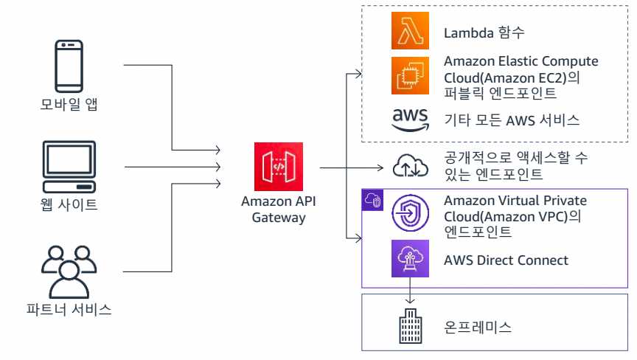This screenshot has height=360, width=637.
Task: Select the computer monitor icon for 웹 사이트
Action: pyautogui.click(x=69, y=166)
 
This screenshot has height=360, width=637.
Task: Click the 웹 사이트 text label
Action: pyautogui.click(x=69, y=204)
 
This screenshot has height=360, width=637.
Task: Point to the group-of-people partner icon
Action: pyautogui.click(x=69, y=269)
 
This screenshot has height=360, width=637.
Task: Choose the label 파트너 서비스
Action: pyautogui.click(x=69, y=310)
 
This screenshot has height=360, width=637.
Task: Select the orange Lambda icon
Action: pyautogui.click(x=410, y=32)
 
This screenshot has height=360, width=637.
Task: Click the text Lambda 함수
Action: pyautogui.click(x=484, y=32)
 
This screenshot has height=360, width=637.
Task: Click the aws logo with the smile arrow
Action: pyautogui.click(x=410, y=120)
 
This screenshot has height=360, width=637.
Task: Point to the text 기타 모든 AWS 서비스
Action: pyautogui.click(x=512, y=120)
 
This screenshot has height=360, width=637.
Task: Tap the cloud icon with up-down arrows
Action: pyautogui.click(x=410, y=166)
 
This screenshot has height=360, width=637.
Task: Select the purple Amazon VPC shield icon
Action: pyautogui.click(x=410, y=214)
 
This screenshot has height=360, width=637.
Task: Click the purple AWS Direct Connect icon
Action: pyautogui.click(x=410, y=260)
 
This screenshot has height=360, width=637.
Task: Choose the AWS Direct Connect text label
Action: pyautogui.click(x=506, y=260)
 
